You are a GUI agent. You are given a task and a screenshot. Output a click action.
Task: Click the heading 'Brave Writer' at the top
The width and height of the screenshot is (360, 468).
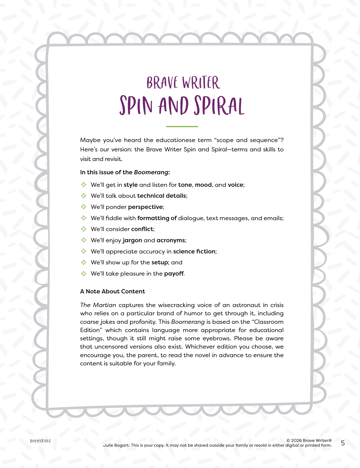pyautogui.click(x=183, y=83)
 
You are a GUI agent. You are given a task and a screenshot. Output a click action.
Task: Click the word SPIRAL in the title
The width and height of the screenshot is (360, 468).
pyautogui.click(x=219, y=106)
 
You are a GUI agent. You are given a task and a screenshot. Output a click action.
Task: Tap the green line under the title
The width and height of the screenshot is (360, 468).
pyautogui.click(x=182, y=127)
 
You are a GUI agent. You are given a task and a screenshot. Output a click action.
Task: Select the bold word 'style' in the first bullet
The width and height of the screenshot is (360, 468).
pyautogui.click(x=131, y=185)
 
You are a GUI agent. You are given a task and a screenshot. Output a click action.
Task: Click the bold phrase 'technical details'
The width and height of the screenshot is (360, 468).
pyautogui.click(x=162, y=196)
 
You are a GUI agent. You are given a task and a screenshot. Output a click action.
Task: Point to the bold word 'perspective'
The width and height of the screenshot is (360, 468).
pyautogui.click(x=145, y=207)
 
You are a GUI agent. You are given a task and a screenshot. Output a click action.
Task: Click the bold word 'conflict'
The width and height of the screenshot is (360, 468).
pyautogui.click(x=142, y=229)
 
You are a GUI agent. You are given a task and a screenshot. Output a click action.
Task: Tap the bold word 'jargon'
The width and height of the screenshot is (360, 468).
pyautogui.click(x=132, y=240)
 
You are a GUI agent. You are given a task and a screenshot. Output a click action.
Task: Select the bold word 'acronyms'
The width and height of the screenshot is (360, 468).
pyautogui.click(x=171, y=240)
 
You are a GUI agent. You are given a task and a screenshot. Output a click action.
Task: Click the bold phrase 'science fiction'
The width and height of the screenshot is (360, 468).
pyautogui.click(x=194, y=252)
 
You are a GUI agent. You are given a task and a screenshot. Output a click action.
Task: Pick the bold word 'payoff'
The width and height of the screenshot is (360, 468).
pyautogui.click(x=174, y=274)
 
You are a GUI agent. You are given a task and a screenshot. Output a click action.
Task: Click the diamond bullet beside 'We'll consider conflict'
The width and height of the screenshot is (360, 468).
pyautogui.click(x=84, y=229)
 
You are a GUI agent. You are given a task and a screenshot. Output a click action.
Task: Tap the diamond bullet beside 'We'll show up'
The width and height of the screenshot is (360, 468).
pyautogui.click(x=84, y=263)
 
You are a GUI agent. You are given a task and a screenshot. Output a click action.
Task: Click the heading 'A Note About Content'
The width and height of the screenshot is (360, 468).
pyautogui.click(x=113, y=292)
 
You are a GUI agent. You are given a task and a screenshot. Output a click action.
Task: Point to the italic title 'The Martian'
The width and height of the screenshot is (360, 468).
pyautogui.click(x=98, y=305)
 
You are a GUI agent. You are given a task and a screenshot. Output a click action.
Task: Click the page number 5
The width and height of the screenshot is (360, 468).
pyautogui.click(x=343, y=443)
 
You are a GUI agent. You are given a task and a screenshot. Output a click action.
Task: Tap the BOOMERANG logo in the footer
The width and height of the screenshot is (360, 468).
pyautogui.click(x=41, y=441)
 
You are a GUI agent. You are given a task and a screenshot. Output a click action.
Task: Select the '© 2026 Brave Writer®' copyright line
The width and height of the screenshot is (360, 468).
pyautogui.click(x=309, y=441)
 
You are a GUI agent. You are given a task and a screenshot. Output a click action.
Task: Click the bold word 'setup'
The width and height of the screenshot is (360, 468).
pyautogui.click(x=160, y=263)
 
